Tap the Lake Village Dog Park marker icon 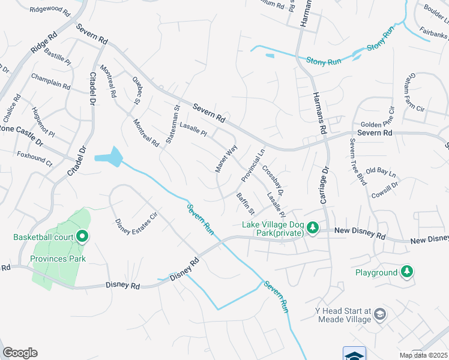pyautogui.click(x=312, y=228)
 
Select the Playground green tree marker pyautogui.click(x=408, y=272)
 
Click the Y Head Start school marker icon pyautogui.click(x=380, y=314)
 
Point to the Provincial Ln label pyautogui.click(x=253, y=166)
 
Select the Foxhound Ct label pyautogui.click(x=35, y=162)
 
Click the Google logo pyautogui.click(x=20, y=353)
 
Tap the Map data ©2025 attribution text pyautogui.click(x=423, y=355)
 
